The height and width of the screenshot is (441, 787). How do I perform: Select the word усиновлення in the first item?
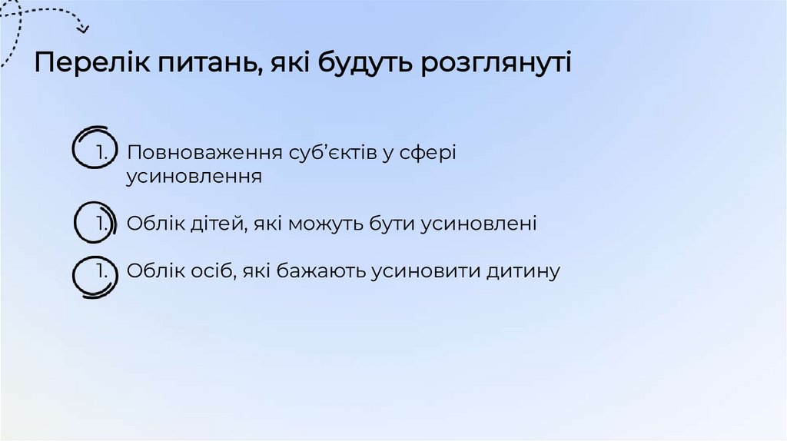click(x=194, y=177)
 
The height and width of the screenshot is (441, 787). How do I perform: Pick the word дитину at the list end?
click(x=523, y=271)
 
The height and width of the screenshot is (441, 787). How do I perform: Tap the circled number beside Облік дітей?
click(x=98, y=223)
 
